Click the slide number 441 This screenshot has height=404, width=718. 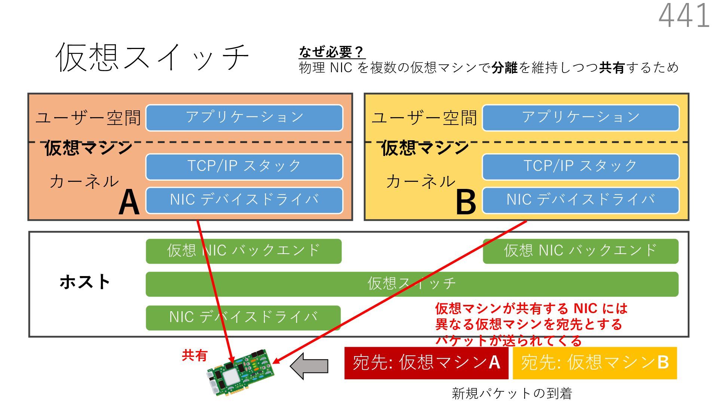pos(684,16)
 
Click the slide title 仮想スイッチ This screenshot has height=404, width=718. pos(152,57)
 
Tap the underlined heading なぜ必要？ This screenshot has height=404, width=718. pos(331,52)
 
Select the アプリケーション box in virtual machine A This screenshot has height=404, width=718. pos(244,117)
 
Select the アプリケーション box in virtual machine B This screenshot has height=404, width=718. pos(580,117)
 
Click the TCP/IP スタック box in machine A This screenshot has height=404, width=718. pos(244,166)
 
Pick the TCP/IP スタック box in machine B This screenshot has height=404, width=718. pos(580,166)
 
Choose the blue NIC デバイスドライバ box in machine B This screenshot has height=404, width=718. pos(580,200)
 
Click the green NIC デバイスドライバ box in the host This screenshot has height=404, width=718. pos(243,318)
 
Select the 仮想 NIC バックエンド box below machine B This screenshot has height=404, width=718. pos(580,251)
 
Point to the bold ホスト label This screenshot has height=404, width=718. pos(85,282)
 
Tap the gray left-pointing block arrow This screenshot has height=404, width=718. pos(310,366)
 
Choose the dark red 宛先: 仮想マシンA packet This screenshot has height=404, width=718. pos(426,363)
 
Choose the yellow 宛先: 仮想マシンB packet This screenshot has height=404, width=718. pos(595,363)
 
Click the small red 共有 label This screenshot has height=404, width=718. pos(194,355)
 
